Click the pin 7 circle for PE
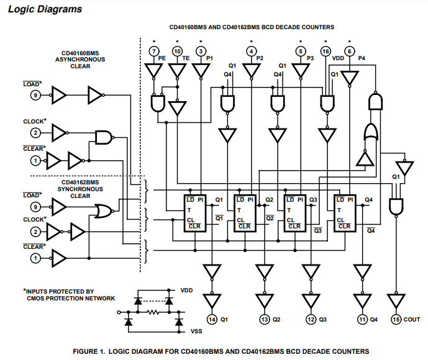[154, 52]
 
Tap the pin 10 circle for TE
[177, 52]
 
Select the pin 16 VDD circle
[326, 52]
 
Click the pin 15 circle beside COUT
[396, 319]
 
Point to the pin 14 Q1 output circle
[212, 319]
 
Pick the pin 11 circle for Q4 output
[362, 319]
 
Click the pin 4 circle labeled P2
[251, 52]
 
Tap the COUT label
[412, 320]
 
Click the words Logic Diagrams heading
[45, 9]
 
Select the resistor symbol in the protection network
[153, 312]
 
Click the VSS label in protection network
[196, 331]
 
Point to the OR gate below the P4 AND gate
[371, 132]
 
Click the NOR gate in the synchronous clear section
[104, 211]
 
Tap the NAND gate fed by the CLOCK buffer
[104, 137]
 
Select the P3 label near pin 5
[311, 58]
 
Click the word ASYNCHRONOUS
[80, 60]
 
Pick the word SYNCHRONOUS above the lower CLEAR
[80, 189]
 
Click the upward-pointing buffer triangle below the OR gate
[365, 158]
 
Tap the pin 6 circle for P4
[349, 52]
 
